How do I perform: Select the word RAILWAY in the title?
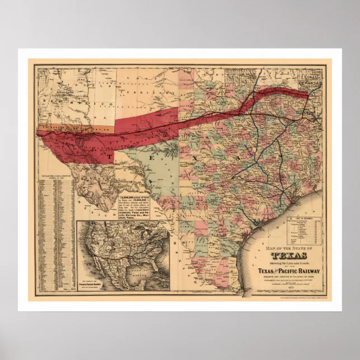[x=301, y=272]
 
